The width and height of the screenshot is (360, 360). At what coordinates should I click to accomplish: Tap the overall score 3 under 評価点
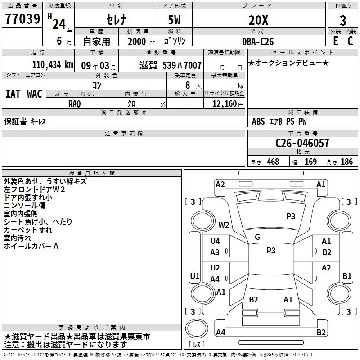tap(343, 20)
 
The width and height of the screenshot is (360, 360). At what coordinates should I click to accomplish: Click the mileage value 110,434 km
tap(53, 65)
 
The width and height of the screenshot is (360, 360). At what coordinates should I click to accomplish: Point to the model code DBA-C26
tap(257, 41)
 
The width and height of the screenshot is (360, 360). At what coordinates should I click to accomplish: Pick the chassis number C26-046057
tap(302, 144)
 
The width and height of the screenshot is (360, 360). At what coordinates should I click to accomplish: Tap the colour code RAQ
tap(75, 104)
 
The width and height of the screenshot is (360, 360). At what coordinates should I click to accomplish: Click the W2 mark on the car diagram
tap(224, 225)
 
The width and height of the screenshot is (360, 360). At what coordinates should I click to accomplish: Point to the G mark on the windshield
tap(257, 237)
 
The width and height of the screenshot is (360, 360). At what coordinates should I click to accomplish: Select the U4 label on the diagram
tap(215, 241)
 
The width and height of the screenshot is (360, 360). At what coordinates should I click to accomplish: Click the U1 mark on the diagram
tap(195, 276)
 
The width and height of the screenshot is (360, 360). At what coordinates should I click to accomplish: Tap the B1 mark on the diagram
tap(347, 276)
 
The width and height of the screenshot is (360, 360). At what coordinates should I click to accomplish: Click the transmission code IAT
tap(13, 94)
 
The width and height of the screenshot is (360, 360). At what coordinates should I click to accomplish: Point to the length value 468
tap(273, 162)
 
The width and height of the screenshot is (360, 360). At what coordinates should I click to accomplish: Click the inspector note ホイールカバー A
tap(31, 246)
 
